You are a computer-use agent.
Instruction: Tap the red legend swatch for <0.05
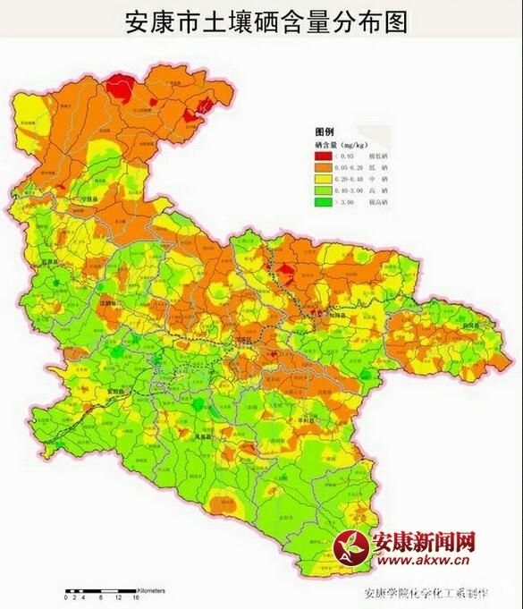tap(326, 155)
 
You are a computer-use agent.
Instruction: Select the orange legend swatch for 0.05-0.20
tap(326, 166)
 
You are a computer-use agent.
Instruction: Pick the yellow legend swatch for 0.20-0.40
tap(326, 178)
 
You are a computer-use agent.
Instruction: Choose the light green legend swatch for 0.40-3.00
tap(326, 190)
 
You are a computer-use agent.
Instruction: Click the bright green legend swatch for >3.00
tap(326, 201)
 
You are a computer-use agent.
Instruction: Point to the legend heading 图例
tap(324, 131)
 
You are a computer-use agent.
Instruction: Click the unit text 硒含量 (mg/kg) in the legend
tap(341, 143)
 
